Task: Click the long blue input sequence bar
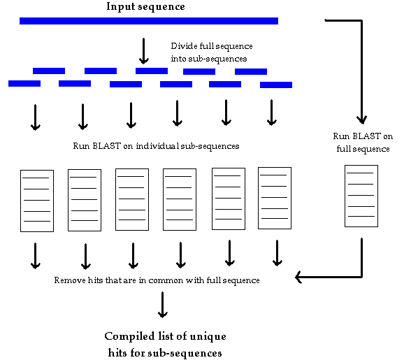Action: (x=149, y=21)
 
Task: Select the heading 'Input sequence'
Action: (x=145, y=7)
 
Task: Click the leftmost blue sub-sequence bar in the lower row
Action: (x=24, y=83)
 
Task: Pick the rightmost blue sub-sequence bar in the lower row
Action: (x=276, y=85)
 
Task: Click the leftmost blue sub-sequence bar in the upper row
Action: (x=49, y=71)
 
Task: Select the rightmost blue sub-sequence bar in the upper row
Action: (x=251, y=71)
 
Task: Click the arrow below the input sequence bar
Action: (x=144, y=51)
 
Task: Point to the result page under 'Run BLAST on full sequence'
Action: (x=361, y=196)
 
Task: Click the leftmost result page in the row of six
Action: (x=37, y=201)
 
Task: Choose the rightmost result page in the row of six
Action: (x=275, y=198)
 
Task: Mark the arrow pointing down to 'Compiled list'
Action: (x=162, y=305)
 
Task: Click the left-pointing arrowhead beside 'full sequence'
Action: (x=298, y=277)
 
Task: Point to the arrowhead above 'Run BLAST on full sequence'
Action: (x=362, y=120)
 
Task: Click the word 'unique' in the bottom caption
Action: (x=208, y=337)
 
